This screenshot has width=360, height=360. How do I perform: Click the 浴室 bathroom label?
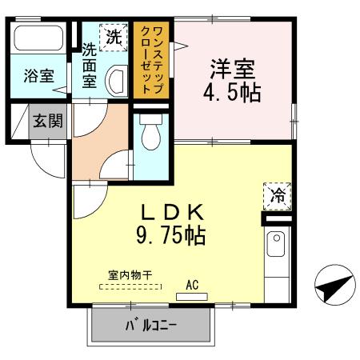[x=38, y=77]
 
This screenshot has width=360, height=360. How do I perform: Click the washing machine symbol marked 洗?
[x=112, y=37]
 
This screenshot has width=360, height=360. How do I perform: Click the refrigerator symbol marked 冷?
[x=277, y=194]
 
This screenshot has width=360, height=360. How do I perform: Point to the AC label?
[x=192, y=283]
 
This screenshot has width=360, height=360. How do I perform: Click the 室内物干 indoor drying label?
[x=126, y=275]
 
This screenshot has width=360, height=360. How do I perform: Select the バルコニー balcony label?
[x=150, y=326]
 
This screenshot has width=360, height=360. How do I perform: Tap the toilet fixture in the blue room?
[x=150, y=138]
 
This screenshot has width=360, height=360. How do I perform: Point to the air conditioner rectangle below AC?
[x=191, y=295]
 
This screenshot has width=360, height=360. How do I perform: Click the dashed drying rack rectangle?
[x=126, y=286]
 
